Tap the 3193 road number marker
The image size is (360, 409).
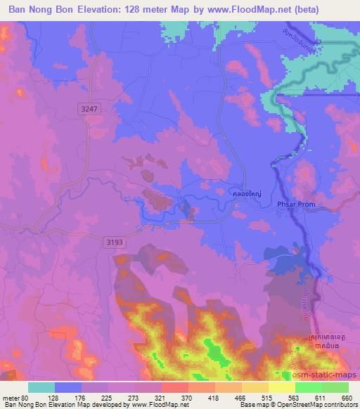click(116, 242)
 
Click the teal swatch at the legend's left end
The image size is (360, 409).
click(41, 387)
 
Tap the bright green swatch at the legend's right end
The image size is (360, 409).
click(335, 387)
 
